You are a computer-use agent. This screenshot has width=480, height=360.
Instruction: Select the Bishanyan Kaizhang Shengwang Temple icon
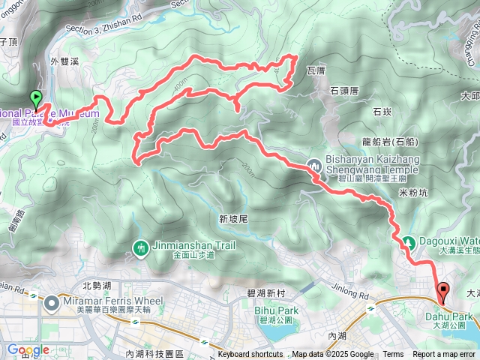click(x=314, y=164)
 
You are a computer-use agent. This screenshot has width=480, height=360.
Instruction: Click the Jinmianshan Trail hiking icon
click(x=140, y=247)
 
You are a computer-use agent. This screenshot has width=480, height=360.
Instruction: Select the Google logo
click(x=28, y=349)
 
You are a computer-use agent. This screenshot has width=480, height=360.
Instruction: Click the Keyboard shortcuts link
click(x=250, y=355)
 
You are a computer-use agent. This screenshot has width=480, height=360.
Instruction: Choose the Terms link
click(x=393, y=355)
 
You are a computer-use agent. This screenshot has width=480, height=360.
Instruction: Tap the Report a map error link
click(x=445, y=355)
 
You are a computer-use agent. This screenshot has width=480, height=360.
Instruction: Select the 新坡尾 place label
click(x=233, y=219)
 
